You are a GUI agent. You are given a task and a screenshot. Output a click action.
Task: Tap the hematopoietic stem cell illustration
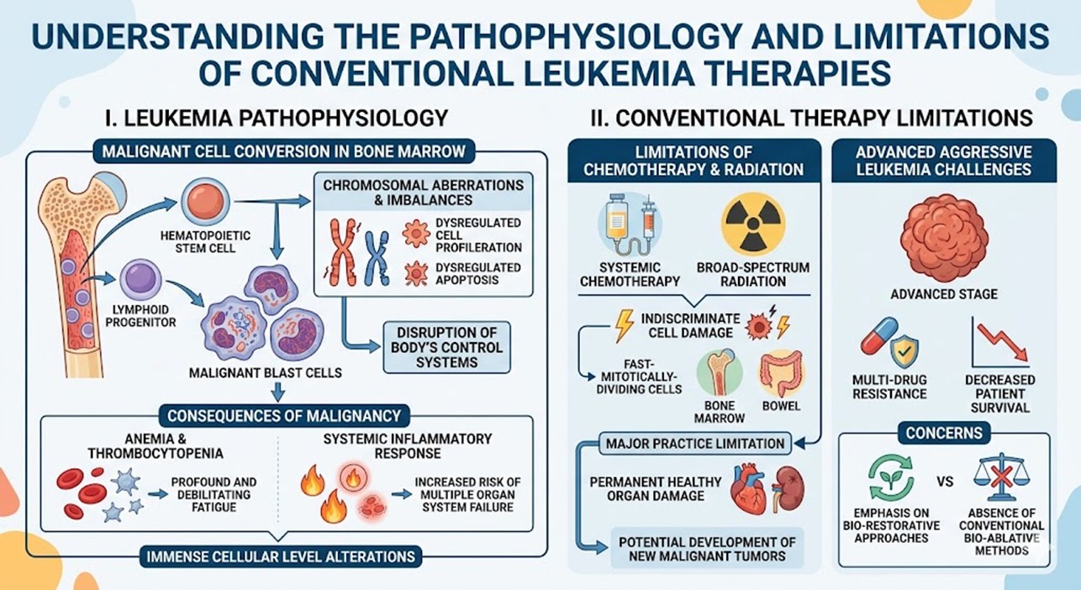click(x=202, y=202)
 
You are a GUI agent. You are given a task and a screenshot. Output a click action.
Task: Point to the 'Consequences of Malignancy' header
click(x=282, y=415)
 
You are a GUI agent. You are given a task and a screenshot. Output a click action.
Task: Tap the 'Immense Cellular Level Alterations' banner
click(x=280, y=556)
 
